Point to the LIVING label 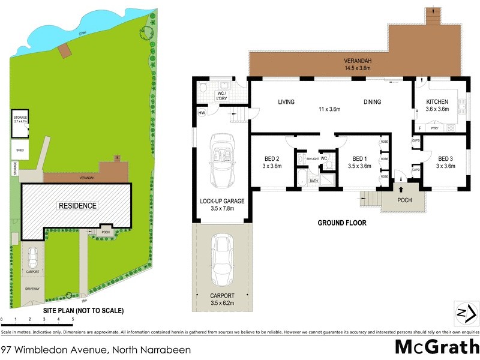click(x=286, y=102)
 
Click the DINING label click(x=372, y=102)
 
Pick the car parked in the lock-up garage click(x=221, y=160)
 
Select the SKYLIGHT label click(x=311, y=158)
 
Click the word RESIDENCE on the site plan click(x=77, y=206)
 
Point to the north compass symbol click(x=464, y=313)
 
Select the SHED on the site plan click(x=20, y=149)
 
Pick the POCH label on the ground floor click(x=405, y=200)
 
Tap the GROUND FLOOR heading click(x=342, y=223)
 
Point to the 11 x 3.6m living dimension click(x=329, y=110)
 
